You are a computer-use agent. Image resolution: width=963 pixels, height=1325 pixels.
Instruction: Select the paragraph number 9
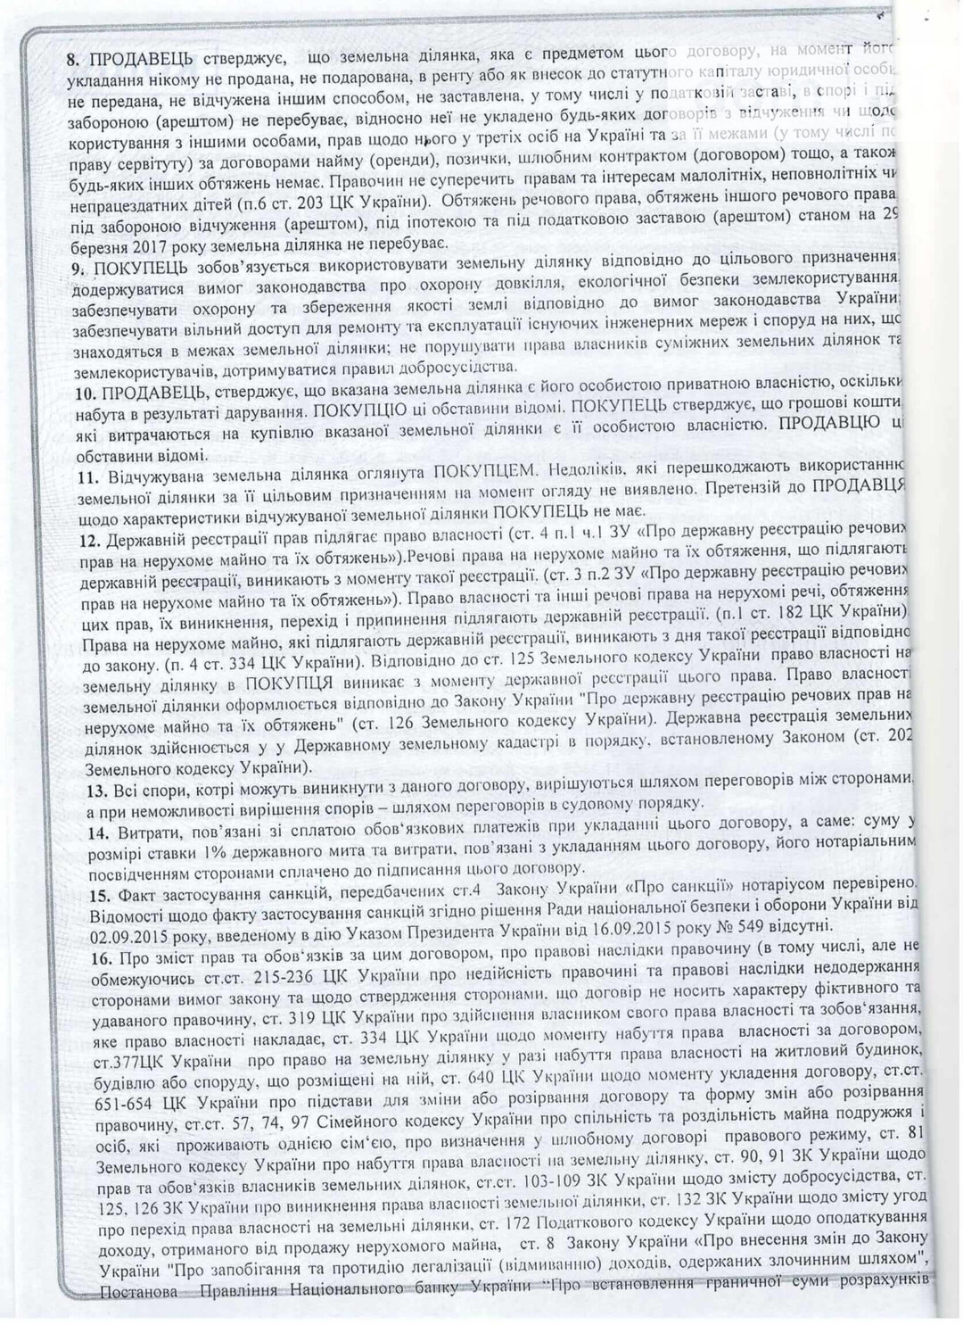click(x=74, y=266)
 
